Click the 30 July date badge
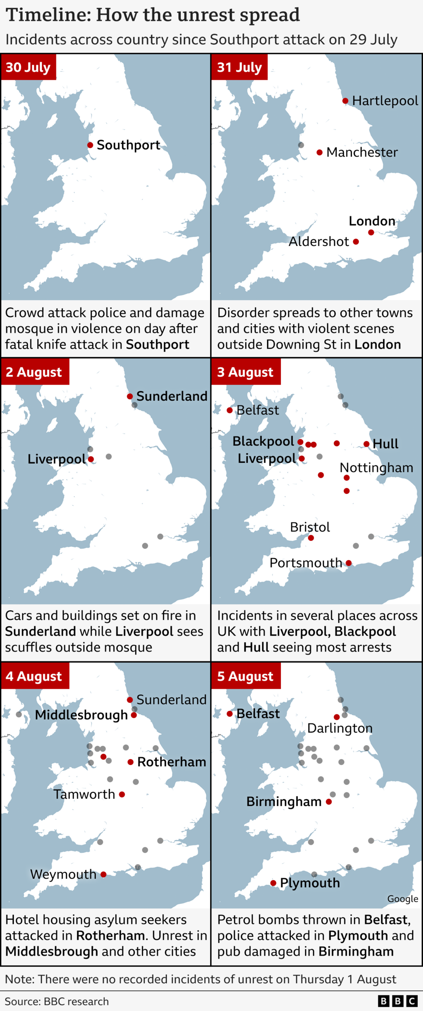pyautogui.click(x=28, y=67)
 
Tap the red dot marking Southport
pyautogui.click(x=90, y=145)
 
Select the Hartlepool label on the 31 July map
pyautogui.click(x=385, y=101)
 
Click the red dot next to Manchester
pyautogui.click(x=319, y=152)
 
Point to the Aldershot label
pyautogui.click(x=319, y=242)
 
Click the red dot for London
pyautogui.click(x=371, y=232)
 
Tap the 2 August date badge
pyautogui.click(x=34, y=372)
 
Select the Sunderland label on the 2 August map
pyautogui.click(x=172, y=396)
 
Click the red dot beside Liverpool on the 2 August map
pyautogui.click(x=91, y=459)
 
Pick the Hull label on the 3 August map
pyautogui.click(x=385, y=444)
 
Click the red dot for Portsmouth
pyautogui.click(x=349, y=563)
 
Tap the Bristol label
pyautogui.click(x=310, y=527)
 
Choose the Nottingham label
pyautogui.click(x=376, y=468)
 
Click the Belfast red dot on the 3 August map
pyautogui.click(x=230, y=410)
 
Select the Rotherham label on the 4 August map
pyautogui.click(x=172, y=762)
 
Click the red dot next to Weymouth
pyautogui.click(x=104, y=874)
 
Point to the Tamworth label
pyautogui.click(x=84, y=794)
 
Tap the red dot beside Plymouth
pyautogui.click(x=273, y=883)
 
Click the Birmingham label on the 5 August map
pyautogui.click(x=284, y=802)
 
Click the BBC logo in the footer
pyautogui.click(x=397, y=1001)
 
